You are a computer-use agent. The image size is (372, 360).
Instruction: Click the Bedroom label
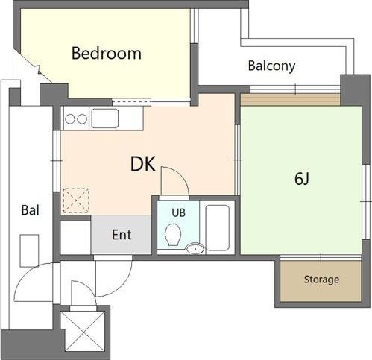click(x=107, y=53)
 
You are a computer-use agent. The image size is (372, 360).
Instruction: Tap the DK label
click(x=143, y=164)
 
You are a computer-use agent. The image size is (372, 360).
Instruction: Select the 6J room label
click(x=302, y=179)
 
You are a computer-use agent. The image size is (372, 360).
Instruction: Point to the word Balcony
click(x=271, y=66)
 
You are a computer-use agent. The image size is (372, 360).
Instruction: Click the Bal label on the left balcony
click(x=31, y=210)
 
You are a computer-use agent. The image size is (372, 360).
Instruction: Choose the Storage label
click(x=321, y=280)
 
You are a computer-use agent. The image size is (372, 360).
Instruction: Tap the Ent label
click(x=122, y=235)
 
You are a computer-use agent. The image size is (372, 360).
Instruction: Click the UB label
click(x=178, y=212)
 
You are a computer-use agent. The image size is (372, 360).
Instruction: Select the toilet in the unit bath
click(x=172, y=235)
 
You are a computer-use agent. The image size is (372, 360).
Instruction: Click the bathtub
click(x=218, y=227)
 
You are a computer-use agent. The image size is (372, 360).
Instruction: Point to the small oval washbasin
click(x=195, y=249)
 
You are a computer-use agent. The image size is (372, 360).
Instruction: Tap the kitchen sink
click(x=104, y=119)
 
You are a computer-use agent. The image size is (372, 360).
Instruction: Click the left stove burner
click(x=70, y=119)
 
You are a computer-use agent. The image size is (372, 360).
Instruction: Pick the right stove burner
click(x=82, y=119)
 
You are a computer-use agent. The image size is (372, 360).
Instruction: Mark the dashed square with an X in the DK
click(x=76, y=200)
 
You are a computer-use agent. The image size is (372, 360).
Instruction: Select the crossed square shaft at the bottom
click(x=83, y=332)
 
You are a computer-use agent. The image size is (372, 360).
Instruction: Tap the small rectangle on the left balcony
click(x=29, y=250)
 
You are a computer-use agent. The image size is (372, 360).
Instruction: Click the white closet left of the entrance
click(x=75, y=238)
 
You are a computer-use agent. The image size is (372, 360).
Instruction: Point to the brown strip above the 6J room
click(x=291, y=100)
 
